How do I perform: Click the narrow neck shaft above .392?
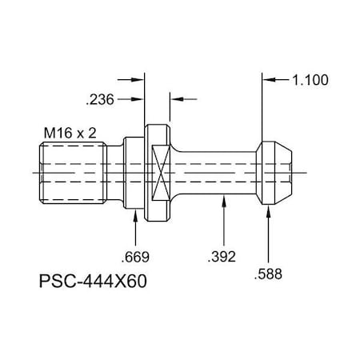click(x=220, y=171)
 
